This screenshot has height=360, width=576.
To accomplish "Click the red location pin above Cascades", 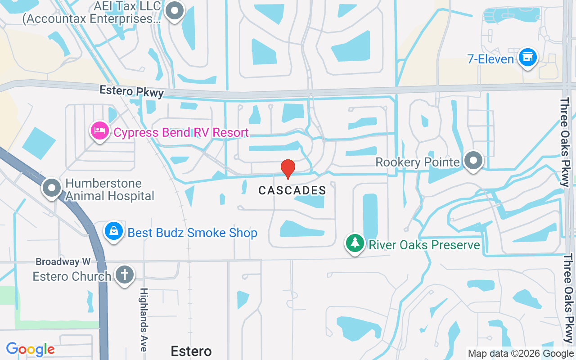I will pyautogui.click(x=288, y=168).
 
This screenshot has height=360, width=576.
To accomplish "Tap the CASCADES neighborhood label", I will pyautogui.click(x=292, y=191).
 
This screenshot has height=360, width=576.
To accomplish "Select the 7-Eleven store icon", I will pyautogui.click(x=527, y=57).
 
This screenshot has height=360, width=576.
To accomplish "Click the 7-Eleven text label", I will pyautogui.click(x=490, y=59).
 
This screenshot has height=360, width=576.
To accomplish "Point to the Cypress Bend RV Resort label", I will pyautogui.click(x=181, y=133).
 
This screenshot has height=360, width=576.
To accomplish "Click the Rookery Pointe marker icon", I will pyautogui.click(x=473, y=160).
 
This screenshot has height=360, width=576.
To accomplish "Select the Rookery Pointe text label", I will pyautogui.click(x=417, y=162).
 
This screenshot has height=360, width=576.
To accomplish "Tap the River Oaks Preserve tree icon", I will pyautogui.click(x=355, y=243).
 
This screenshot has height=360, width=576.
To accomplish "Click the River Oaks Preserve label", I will pyautogui.click(x=424, y=245).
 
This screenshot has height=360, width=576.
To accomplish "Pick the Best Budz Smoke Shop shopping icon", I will pyautogui.click(x=114, y=231).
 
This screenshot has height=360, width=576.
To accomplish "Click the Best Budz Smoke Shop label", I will pyautogui.click(x=193, y=233).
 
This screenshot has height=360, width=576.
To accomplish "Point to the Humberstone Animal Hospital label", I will pyautogui.click(x=110, y=190).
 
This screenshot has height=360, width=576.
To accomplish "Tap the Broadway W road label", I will pyautogui.click(x=63, y=261).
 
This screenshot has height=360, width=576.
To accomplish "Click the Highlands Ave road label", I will pyautogui.click(x=144, y=319).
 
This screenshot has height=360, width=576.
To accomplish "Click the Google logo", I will pyautogui.click(x=30, y=349).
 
